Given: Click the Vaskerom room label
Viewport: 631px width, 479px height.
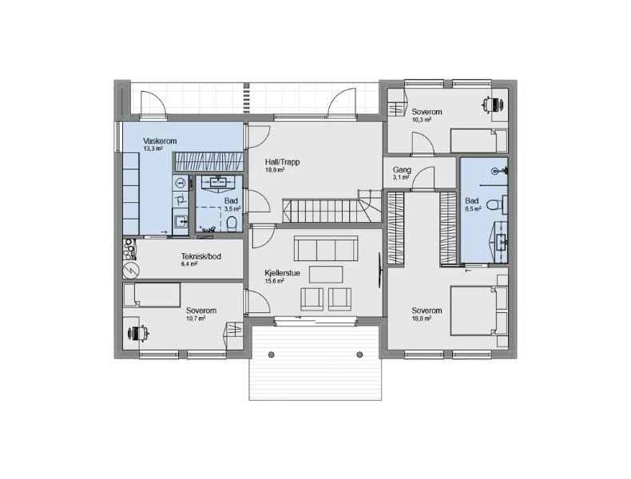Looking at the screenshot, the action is [160, 141].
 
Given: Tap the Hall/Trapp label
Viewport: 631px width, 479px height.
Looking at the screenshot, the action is [282, 162].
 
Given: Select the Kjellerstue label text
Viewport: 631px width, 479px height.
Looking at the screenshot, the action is [282, 273].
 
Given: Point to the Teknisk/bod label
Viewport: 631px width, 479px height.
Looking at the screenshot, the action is [200, 256].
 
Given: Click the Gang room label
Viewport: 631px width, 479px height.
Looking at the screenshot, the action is [402, 170].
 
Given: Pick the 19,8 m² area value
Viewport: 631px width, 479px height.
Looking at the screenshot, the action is [422, 318].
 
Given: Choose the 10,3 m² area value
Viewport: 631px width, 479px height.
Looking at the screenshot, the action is [422, 120].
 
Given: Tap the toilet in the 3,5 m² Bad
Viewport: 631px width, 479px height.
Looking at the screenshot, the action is [232, 224].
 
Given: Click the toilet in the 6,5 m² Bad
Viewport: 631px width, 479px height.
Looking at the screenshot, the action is [494, 204].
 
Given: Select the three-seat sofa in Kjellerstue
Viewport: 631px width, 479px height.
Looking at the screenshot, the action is [326, 248].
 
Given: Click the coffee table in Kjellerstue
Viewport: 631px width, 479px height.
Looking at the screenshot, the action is [326, 275].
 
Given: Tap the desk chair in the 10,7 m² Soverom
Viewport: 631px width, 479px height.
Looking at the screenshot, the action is [138, 333].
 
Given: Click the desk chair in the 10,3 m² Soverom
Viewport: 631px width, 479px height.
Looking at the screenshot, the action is [493, 105].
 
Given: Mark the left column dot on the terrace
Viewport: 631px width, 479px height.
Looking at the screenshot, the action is [272, 354].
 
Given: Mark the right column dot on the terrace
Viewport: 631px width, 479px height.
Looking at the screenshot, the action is [359, 354].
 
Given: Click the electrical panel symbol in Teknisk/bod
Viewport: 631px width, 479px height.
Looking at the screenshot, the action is [131, 271].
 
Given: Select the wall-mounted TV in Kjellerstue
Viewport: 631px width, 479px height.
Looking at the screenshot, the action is [379, 271].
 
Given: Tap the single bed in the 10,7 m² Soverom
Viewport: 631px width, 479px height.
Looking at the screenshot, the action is [152, 295].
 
